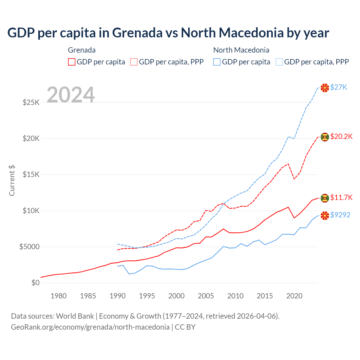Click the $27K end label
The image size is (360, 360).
pyautogui.click(x=339, y=87)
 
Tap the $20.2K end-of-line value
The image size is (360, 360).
pyautogui.click(x=341, y=136)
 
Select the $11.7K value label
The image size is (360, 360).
pyautogui.click(x=341, y=197)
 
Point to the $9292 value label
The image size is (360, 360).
pyautogui.click(x=340, y=215)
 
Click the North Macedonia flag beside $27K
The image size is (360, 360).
pyautogui.click(x=325, y=88)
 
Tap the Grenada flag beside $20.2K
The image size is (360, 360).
pyautogui.click(x=325, y=137)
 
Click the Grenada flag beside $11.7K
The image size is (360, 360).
pyautogui.click(x=325, y=198)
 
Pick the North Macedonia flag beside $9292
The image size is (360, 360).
pyautogui.click(x=325, y=216)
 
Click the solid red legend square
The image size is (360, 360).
pyautogui.click(x=72, y=62)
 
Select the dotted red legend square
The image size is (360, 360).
pyautogui.click(x=134, y=62)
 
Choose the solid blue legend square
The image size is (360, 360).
pyautogui.click(x=217, y=62)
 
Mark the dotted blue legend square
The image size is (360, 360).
pyautogui.click(x=279, y=62)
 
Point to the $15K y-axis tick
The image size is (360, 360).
pyautogui.click(x=31, y=174)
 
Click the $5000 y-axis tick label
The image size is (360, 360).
pyautogui.click(x=29, y=247)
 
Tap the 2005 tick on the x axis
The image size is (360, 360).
pyautogui.click(x=206, y=296)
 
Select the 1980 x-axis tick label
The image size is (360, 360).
pyautogui.click(x=58, y=296)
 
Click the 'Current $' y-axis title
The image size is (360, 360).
pyautogui.click(x=12, y=181)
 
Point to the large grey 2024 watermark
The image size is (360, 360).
pyautogui.click(x=71, y=95)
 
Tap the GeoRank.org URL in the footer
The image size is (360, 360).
pyautogui.click(x=90, y=327)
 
